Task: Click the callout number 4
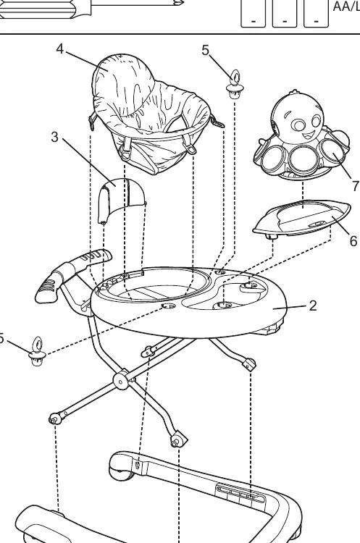(60, 49)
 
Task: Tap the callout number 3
(55, 137)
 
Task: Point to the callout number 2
(313, 306)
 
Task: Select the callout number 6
(353, 240)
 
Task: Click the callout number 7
(355, 186)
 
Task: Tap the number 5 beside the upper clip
(206, 51)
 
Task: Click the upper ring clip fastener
(235, 84)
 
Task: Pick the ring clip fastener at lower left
(36, 351)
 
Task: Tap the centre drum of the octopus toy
(301, 159)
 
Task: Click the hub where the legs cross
(120, 382)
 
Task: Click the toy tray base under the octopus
(301, 219)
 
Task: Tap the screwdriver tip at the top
(180, 4)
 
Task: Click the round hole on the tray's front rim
(169, 306)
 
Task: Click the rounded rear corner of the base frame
(121, 466)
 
